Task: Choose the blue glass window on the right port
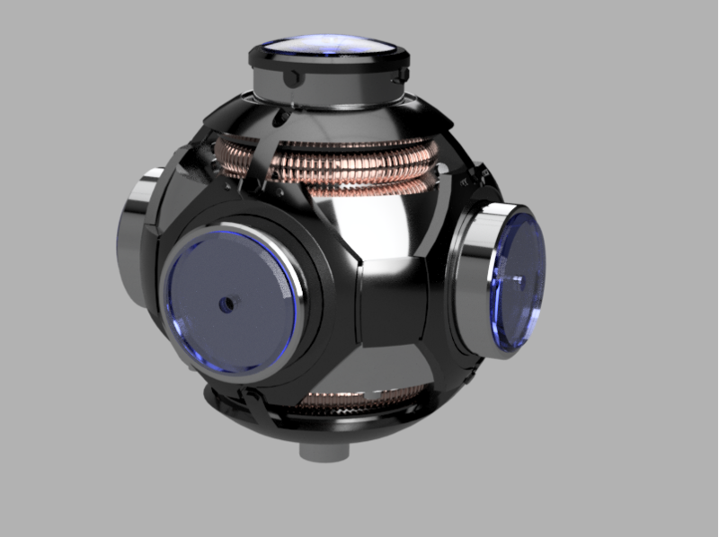click(516, 278)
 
